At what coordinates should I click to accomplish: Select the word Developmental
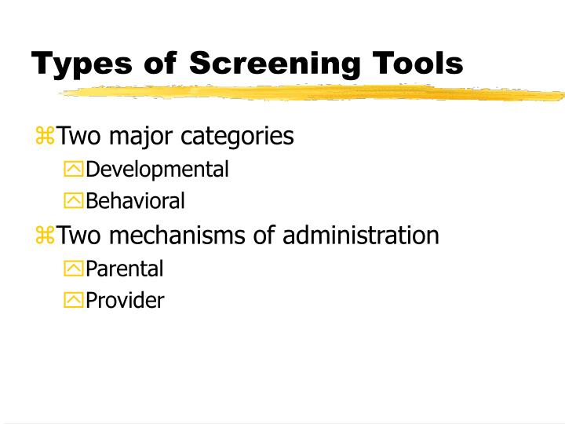157,169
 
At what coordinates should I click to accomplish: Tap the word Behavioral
135,202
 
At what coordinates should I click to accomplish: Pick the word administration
361,235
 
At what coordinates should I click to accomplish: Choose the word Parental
124,269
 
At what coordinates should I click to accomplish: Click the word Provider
125,301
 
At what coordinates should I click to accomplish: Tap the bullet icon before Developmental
73,170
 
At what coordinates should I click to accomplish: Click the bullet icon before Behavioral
73,202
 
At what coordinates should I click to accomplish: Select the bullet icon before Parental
73,269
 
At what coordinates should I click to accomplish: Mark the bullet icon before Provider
73,301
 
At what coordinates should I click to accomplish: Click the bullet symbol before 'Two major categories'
45,137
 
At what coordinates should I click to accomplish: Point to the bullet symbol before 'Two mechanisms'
45,236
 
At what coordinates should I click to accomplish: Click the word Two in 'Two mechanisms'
76,235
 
